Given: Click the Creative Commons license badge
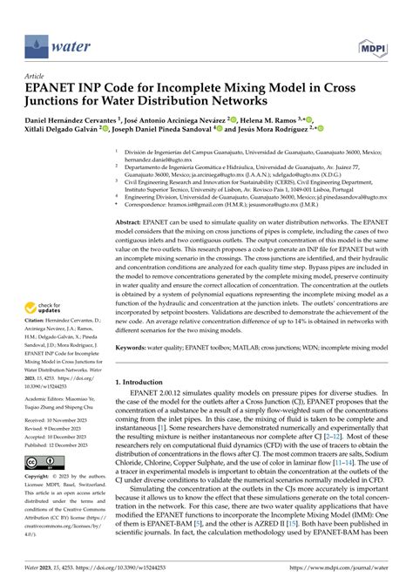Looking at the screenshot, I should click(x=41, y=485).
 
